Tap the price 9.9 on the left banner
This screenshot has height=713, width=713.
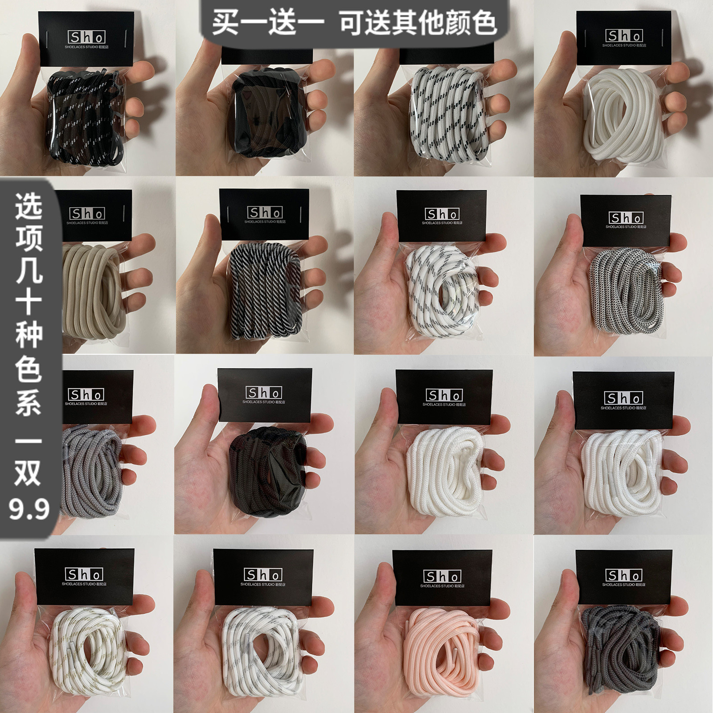[29, 508]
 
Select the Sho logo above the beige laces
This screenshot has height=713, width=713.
[87, 214]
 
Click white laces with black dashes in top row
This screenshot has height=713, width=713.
[446, 118]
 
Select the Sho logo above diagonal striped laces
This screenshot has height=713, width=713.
[265, 213]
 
